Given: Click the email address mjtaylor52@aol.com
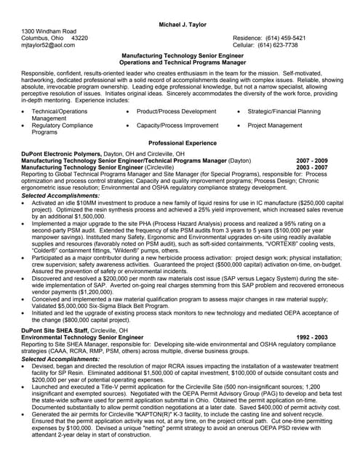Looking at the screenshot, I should [x=48, y=45].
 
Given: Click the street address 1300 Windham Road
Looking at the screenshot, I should [x=49, y=31].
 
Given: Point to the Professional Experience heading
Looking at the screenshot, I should [x=179, y=143].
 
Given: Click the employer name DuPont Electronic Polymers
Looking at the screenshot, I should [x=63, y=154].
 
